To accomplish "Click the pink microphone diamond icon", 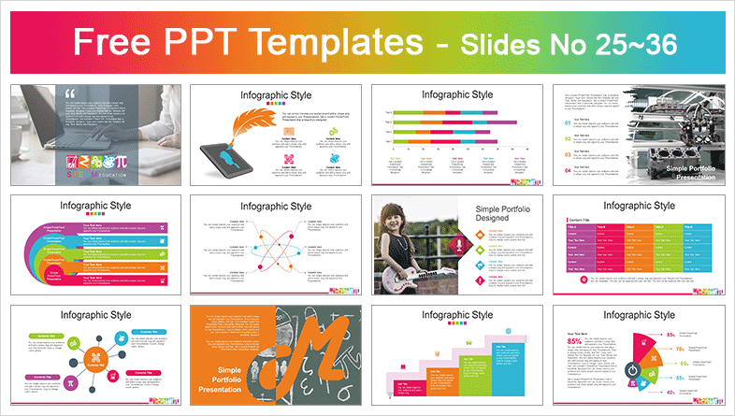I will point(458,245).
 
